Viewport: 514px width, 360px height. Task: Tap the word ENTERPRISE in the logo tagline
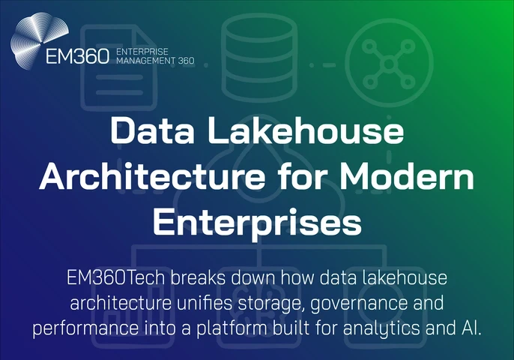(139, 50)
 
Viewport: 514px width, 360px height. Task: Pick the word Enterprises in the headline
(257, 222)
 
